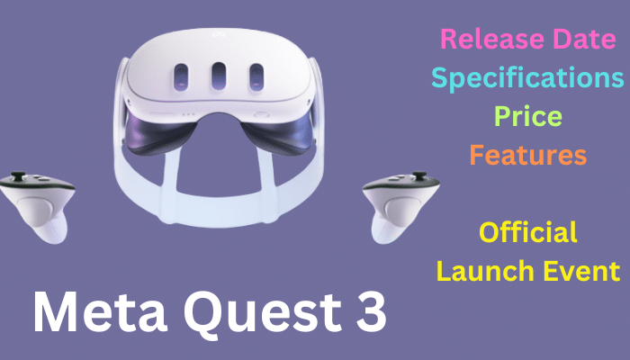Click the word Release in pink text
coord(493,39)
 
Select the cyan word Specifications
coord(527,79)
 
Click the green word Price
coord(528,116)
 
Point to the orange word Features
coord(528,155)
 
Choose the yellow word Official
coord(528,232)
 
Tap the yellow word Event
coord(581,271)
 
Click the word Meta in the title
coord(100,312)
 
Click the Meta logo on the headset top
coord(219,34)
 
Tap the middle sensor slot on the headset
coord(219,76)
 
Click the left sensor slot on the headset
coord(181,77)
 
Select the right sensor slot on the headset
coord(256,77)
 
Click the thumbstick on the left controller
coord(18,176)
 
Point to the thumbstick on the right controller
coord(419,175)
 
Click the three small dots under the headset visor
coord(187,114)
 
